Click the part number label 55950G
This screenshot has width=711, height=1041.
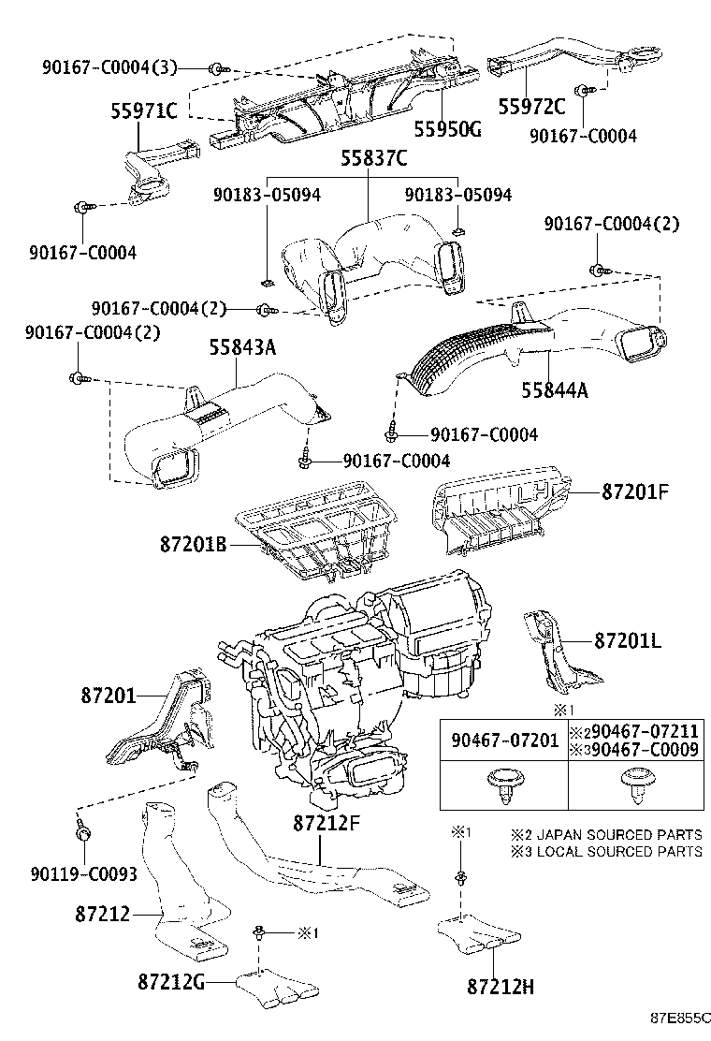pos(447,129)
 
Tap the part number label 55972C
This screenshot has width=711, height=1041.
pos(531,106)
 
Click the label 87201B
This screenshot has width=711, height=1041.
pos(194,543)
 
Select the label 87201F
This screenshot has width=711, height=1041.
pos(633,491)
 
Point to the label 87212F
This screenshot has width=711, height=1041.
pos(326,823)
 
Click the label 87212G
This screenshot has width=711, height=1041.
pos(173,982)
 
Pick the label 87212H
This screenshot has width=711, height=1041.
pos(500,986)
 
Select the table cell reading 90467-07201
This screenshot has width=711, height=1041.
pos(504,740)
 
